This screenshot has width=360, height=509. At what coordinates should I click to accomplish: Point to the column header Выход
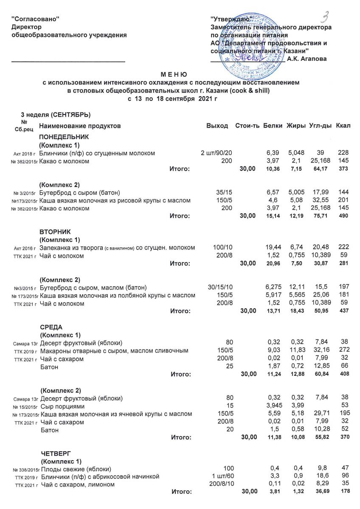pos(217,126)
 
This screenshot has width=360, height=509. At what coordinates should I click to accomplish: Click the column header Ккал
pos(343,126)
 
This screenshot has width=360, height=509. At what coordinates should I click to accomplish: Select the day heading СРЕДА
pos(51,327)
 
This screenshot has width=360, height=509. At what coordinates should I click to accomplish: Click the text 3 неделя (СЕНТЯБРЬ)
pos(56,115)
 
